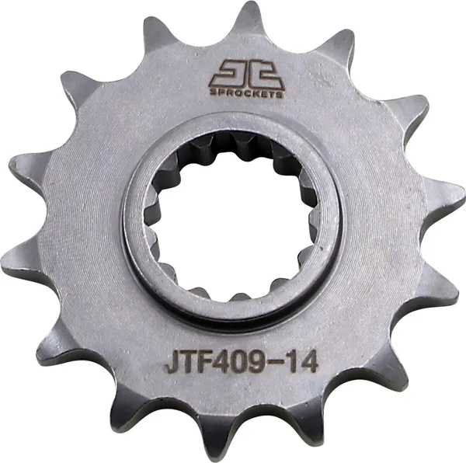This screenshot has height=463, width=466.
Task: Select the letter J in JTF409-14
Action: [x=173, y=362]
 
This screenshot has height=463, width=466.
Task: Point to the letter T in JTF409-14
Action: [x=190, y=362]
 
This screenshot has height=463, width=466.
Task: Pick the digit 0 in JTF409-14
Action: [x=241, y=362]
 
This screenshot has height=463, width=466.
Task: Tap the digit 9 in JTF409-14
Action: [x=259, y=362]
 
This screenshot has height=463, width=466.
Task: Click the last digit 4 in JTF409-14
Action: [x=306, y=362]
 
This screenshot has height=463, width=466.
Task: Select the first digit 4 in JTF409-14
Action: [x=224, y=362]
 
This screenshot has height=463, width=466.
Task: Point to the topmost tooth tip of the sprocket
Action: [x=249, y=9]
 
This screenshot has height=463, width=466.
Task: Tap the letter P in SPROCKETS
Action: [x=215, y=92]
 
